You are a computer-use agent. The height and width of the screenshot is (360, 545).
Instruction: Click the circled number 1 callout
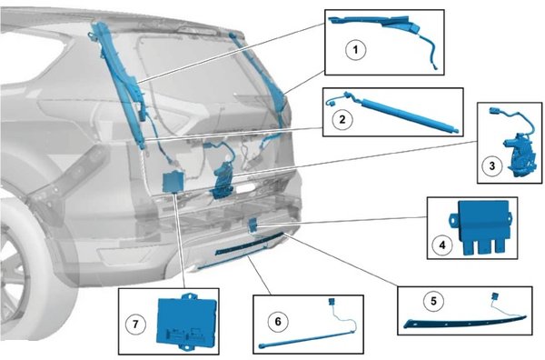pyautogui.click(x=355, y=50)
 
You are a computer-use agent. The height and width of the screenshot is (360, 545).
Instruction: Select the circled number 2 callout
pyautogui.click(x=342, y=120)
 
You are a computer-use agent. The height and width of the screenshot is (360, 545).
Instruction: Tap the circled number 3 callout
pyautogui.click(x=491, y=166)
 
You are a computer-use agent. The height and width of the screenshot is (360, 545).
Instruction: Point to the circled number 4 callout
pyautogui.click(x=442, y=245)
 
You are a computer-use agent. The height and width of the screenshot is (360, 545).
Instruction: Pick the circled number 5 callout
pyautogui.click(x=433, y=301)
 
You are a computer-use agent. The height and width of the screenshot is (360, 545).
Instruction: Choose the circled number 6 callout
pyautogui.click(x=278, y=322)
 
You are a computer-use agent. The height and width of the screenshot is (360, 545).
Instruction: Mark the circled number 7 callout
pyautogui.click(x=135, y=325)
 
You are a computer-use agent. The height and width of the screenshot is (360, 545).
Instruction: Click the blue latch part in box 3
pyautogui.click(x=517, y=151)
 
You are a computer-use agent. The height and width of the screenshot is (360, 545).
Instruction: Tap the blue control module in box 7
pyautogui.click(x=186, y=321)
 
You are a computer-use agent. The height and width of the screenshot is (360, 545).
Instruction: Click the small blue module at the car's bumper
pyautogui.click(x=253, y=225)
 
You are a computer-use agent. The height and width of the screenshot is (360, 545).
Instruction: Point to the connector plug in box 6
pyautogui.click(x=331, y=301)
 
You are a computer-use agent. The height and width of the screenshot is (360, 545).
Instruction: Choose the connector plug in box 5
pyautogui.click(x=495, y=296)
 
